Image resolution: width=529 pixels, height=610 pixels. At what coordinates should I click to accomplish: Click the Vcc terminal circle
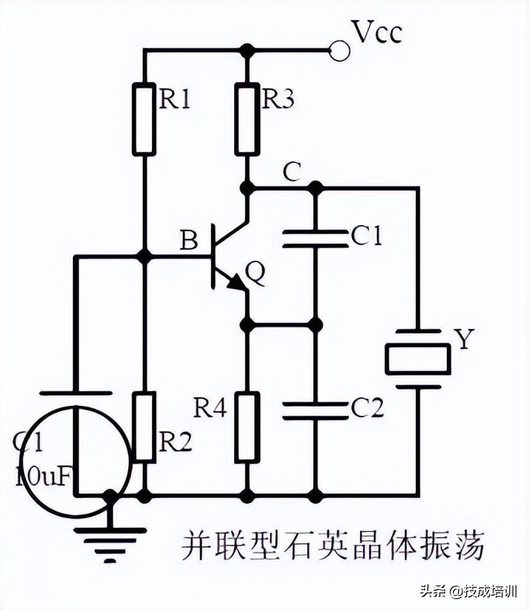coord(338,50)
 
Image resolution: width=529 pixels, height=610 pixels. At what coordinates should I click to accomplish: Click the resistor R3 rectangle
coord(247,118)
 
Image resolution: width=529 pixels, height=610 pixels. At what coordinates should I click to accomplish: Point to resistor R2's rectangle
coord(144,427)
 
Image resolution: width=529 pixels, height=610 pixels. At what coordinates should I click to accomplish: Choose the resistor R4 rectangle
coord(247,427)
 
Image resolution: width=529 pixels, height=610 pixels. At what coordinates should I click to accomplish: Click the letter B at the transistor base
coord(188,241)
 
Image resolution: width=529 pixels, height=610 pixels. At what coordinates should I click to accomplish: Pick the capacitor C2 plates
coord(314,409)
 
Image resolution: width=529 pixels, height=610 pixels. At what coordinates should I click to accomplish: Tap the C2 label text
coord(366,408)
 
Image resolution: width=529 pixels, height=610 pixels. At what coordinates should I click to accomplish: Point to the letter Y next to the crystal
coord(463,341)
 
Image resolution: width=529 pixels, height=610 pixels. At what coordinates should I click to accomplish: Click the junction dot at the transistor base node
coord(144,255)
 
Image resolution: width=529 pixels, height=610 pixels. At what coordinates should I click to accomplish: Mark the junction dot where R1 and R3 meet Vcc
coord(247,50)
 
